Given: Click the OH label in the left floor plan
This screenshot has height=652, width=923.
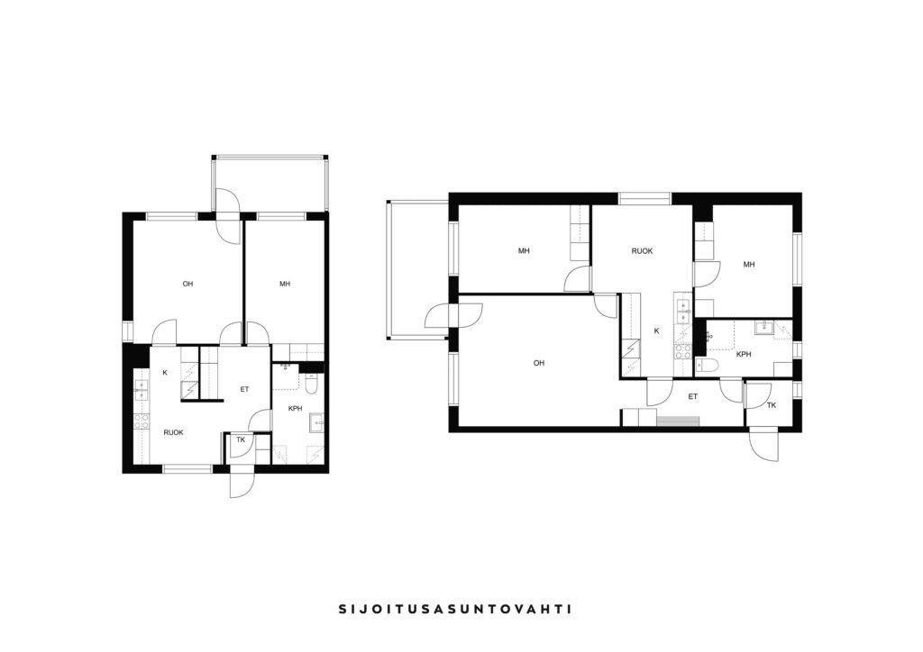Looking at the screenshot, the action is tap(187, 284).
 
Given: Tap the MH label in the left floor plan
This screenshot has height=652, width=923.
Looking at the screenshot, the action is tap(285, 284).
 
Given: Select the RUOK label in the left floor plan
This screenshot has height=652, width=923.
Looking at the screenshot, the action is tap(174, 432).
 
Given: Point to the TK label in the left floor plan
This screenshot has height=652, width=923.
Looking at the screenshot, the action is tap(241, 439).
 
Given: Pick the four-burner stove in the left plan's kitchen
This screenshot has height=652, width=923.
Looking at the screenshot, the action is tap(142, 421).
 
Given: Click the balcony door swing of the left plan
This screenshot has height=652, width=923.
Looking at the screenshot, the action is tap(228, 215).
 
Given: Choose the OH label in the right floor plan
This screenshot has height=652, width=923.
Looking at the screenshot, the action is tap(539, 363).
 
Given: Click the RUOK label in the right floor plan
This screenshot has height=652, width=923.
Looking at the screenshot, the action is tap(642, 251).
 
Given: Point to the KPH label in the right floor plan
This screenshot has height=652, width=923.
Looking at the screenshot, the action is tap(744, 355).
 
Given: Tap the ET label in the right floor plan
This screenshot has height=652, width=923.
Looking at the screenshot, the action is tap(693, 397).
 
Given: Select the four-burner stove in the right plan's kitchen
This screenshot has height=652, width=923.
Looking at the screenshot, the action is tap(683, 351).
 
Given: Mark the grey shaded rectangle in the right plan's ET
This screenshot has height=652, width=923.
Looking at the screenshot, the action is tap(678, 421).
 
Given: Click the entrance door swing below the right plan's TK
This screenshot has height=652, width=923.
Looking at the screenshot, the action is tap(764, 447).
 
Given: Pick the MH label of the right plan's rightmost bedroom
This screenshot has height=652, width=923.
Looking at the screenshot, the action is tap(749, 265).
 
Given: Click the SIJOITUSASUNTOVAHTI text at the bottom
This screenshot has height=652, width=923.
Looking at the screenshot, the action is tap(455, 609).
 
